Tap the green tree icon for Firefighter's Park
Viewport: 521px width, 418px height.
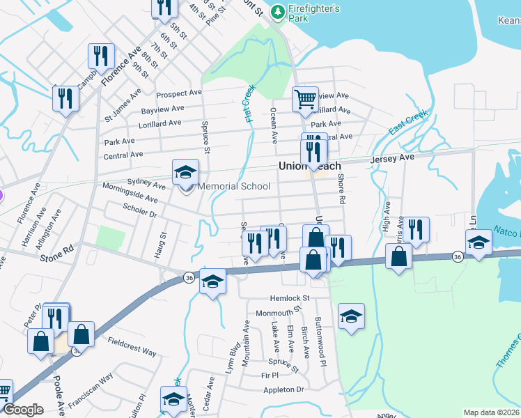[278, 11]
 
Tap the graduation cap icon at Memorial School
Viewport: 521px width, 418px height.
[186, 172]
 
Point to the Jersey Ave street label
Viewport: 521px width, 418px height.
[393, 158]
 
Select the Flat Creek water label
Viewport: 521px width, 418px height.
[251, 104]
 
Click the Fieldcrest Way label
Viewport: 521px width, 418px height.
[132, 346]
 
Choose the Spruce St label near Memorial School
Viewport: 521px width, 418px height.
[206, 137]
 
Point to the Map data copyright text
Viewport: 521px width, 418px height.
[490, 412]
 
